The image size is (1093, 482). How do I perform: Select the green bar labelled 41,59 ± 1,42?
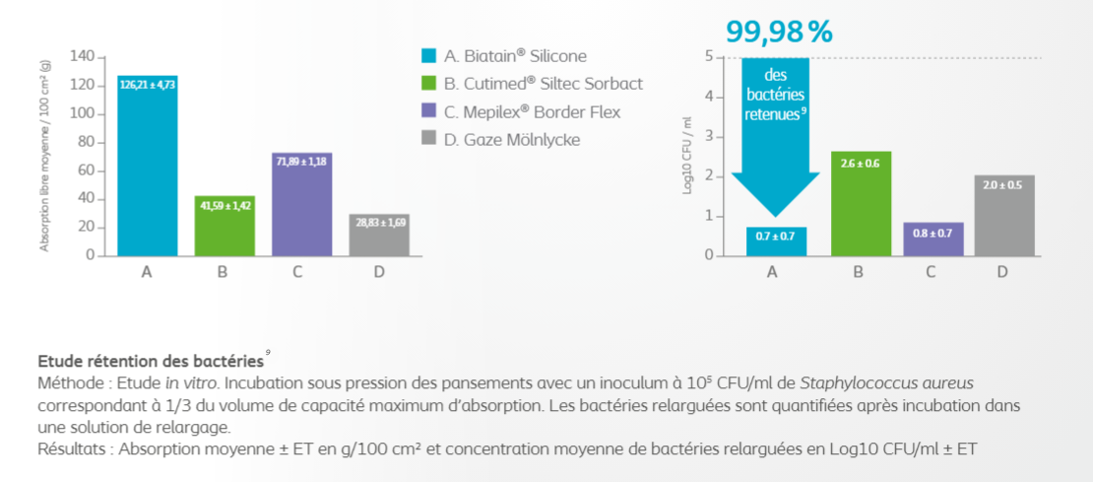225,227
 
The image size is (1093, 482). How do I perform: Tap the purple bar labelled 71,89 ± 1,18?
301,207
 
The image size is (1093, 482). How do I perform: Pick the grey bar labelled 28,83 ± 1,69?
379,237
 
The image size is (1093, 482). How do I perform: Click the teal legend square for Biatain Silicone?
427,56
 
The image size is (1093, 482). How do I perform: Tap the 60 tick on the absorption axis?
86,170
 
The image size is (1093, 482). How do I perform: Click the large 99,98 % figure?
779,32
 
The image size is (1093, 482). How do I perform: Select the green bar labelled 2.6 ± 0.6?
861,207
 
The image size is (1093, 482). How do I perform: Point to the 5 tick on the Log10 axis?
709,56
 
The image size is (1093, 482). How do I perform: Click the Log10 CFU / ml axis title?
687,156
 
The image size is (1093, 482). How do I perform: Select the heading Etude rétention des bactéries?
150,361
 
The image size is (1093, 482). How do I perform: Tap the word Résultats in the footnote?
72,450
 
